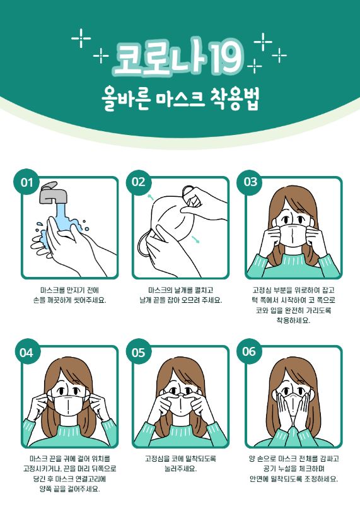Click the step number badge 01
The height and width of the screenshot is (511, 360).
(x=26, y=182)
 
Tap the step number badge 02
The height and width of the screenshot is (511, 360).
(x=139, y=182)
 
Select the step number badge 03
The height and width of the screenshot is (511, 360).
(x=250, y=182)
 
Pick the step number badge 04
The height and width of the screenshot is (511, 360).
(x=26, y=352)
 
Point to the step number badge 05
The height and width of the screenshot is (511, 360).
(x=139, y=352)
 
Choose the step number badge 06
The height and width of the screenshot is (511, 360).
(x=249, y=351)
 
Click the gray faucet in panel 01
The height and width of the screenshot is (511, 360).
(x=53, y=193)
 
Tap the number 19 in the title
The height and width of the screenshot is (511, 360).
(x=226, y=58)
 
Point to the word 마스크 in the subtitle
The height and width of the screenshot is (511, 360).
(x=180, y=99)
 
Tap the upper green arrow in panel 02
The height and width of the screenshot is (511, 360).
(x=150, y=197)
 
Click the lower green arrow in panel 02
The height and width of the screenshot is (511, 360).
(x=196, y=239)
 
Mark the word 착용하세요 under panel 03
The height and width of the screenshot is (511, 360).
(x=293, y=320)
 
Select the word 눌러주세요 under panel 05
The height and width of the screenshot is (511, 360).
(x=180, y=469)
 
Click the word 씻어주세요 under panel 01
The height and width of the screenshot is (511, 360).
(x=90, y=300)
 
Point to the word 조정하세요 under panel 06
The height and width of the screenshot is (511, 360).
(x=322, y=479)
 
